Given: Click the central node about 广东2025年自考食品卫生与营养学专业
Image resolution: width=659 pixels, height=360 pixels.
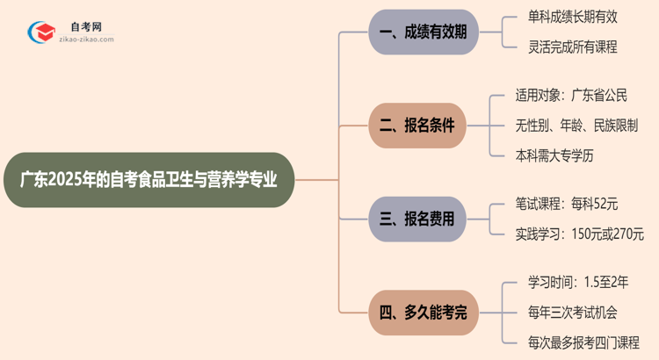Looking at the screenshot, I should (147, 180).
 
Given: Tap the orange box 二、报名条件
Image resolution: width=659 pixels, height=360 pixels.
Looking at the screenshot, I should (416, 126).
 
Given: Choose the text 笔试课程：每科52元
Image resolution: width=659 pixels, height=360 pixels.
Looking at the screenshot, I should (567, 205).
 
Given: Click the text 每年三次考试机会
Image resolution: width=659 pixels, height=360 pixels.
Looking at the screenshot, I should (567, 313).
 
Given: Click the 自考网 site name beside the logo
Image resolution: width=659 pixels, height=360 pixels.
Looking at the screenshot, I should (85, 27).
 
